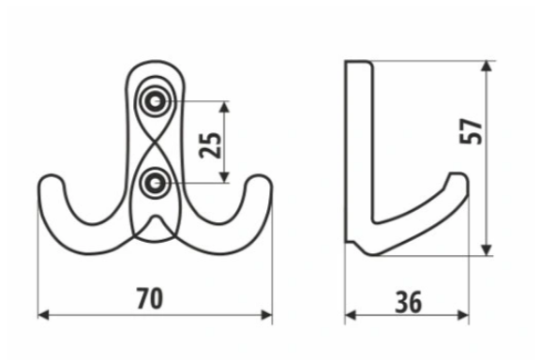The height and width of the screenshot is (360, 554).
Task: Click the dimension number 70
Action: (x=150, y=298)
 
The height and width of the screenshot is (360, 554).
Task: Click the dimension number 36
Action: (x=409, y=303)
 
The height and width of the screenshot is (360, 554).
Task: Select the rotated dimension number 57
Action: (x=471, y=131)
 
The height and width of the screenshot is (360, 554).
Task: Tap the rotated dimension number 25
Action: (x=210, y=145)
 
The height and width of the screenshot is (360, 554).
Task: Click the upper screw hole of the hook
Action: (x=155, y=102)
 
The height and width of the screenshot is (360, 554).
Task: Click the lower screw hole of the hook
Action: (x=155, y=183)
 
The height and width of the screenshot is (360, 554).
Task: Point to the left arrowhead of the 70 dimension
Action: (x=43, y=315)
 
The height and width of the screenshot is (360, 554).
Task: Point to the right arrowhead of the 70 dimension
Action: (x=267, y=315)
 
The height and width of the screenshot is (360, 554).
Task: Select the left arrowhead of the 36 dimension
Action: (x=351, y=315)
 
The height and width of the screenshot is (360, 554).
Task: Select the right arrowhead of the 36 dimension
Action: (x=463, y=315)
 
